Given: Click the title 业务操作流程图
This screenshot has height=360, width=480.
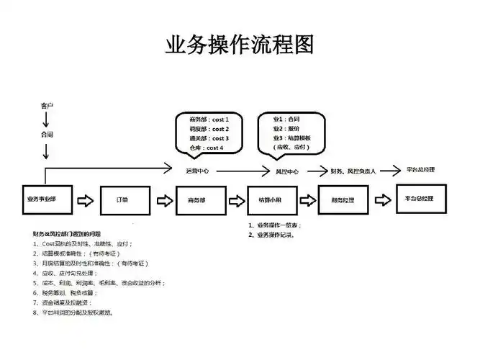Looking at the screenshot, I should [x=240, y=45].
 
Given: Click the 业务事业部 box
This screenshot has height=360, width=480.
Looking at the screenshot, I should [x=46, y=199].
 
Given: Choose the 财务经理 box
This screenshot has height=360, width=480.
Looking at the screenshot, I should [x=343, y=200].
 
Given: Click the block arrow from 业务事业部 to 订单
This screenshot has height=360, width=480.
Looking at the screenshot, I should [x=84, y=199].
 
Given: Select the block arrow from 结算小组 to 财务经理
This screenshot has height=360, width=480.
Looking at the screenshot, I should [x=307, y=200].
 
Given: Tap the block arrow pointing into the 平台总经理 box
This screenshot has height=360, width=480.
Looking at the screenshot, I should [x=382, y=199].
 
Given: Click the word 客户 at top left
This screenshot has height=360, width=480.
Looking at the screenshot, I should [x=46, y=107].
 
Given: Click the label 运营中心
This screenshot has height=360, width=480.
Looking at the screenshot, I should [x=197, y=171].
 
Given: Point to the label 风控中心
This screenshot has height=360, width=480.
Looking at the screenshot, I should [x=286, y=171].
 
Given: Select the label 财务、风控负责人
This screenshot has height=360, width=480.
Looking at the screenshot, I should [x=353, y=171].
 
